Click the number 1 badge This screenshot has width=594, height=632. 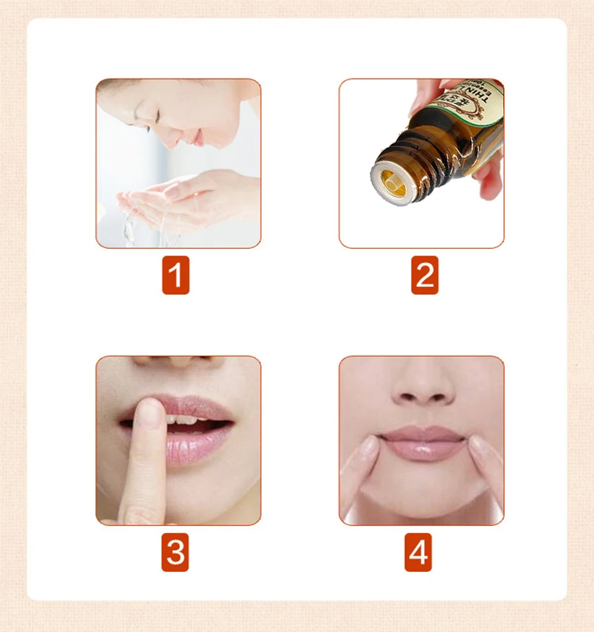click(175, 276)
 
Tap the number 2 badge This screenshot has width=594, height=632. click(425, 276)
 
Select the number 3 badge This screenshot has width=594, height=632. click(175, 553)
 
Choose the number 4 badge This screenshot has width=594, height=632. click(418, 553)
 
